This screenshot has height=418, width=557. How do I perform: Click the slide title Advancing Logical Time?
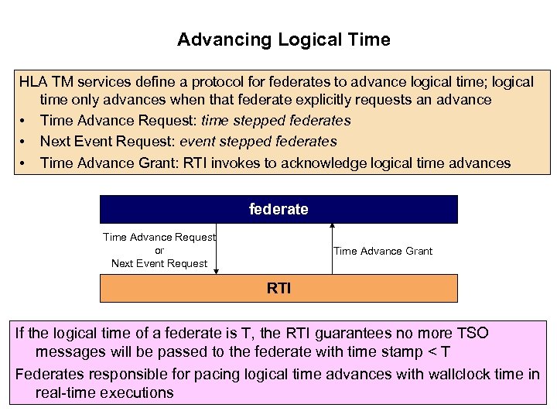click(283, 39)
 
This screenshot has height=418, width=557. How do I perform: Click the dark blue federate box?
click(278, 209)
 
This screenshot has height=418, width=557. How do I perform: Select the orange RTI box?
click(278, 288)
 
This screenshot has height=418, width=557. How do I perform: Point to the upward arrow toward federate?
click(332, 248)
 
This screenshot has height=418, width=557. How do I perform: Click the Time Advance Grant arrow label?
click(382, 251)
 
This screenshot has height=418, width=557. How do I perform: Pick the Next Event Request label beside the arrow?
click(159, 263)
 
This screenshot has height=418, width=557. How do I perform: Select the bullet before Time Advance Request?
click(24, 121)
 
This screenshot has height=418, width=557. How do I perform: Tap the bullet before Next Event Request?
click(24, 142)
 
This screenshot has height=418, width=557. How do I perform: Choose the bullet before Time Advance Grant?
click(24, 163)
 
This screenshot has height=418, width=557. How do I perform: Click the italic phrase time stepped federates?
click(276, 121)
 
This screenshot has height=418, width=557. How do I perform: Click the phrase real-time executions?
click(104, 392)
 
